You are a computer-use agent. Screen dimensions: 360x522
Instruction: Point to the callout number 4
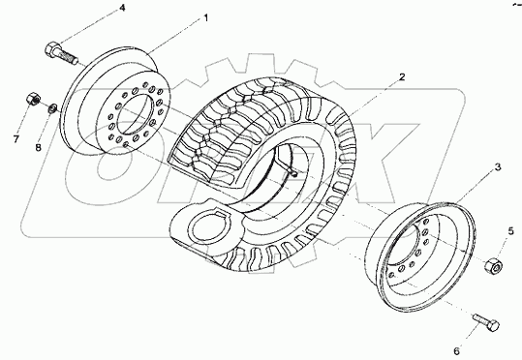[x=121, y=8]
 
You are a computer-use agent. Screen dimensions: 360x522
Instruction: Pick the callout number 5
[x=510, y=231]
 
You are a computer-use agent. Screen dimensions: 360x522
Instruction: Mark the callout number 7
[x=15, y=139]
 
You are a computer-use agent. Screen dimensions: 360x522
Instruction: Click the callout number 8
[x=39, y=148]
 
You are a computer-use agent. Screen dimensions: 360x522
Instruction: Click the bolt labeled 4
[x=59, y=51]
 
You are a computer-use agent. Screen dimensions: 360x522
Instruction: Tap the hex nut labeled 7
[x=32, y=99]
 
